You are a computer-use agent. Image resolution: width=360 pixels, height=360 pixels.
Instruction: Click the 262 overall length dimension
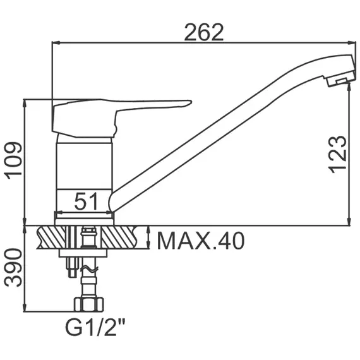coord(204,32)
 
